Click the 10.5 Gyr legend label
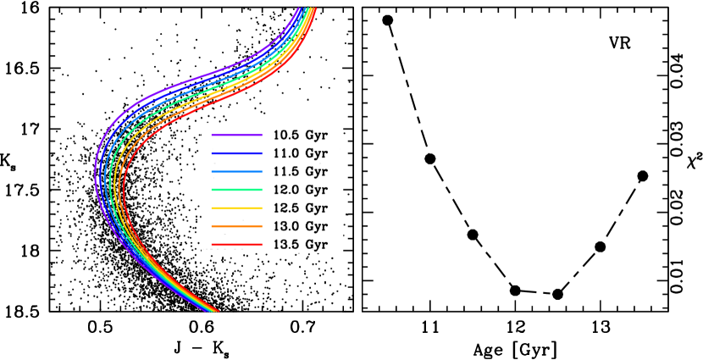(x=300, y=136)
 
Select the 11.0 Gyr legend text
(x=300, y=153)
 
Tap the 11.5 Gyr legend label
(x=300, y=172)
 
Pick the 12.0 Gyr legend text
(x=300, y=190)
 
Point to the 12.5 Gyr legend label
(x=300, y=208)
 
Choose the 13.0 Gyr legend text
(x=300, y=226)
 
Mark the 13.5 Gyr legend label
(x=300, y=245)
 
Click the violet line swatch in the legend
(x=236, y=136)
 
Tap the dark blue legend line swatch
(x=236, y=153)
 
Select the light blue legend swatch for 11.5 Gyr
(x=236, y=172)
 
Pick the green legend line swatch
(x=236, y=190)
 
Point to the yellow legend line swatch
(x=236, y=208)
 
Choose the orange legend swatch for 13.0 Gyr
(x=236, y=226)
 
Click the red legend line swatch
(x=236, y=245)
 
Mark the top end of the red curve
(x=315, y=9)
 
